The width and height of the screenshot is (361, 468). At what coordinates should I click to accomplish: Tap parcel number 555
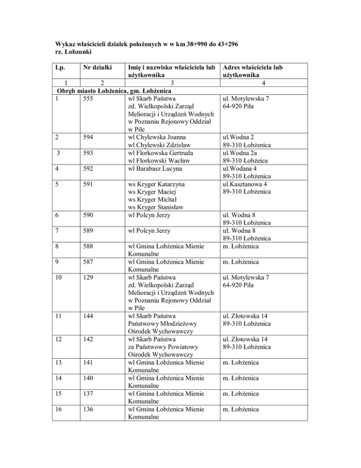[88, 98]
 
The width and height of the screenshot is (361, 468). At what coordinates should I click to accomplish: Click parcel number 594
[88, 137]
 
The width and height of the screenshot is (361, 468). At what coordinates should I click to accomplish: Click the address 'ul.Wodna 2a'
[243, 153]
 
